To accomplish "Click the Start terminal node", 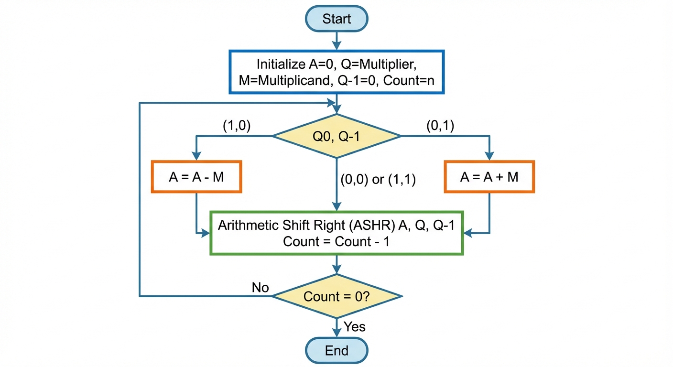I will pos(336,19).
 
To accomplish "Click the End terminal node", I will pos(336,350).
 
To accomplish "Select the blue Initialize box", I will pos(336,72).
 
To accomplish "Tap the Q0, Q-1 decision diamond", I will pos(336,136).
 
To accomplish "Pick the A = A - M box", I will pos(196,177).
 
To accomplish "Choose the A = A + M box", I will pos(489,177).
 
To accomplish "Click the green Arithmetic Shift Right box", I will pos(336,233).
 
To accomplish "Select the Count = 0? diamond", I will pos(336,296).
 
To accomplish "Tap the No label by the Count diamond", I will pos(261,288).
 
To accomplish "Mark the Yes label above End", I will pos(355,327).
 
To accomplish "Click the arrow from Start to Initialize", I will pos(336,41).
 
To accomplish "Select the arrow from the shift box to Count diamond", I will pos(336,264).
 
